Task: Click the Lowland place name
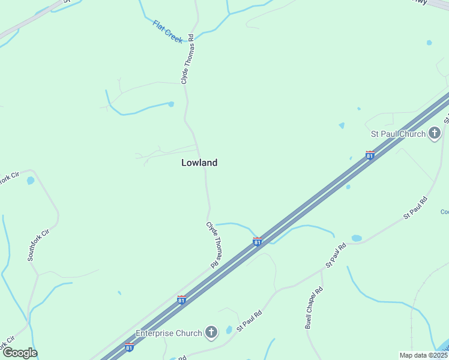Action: pos(199,163)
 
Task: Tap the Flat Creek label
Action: pos(167,32)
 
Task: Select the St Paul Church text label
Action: pos(397,134)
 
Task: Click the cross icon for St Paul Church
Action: pos(435,134)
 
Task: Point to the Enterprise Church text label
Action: pos(169,333)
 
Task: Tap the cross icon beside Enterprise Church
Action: pos(211,332)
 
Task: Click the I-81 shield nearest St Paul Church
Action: pos(370,155)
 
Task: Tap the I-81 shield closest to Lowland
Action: pos(257,241)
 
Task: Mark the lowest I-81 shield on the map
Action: pos(129,347)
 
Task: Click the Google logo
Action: pos(20,353)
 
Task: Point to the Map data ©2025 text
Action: pos(423,355)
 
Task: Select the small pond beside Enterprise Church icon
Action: pos(229,330)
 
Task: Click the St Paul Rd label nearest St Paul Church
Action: pos(415,206)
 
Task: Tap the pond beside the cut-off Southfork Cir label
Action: pos(30,181)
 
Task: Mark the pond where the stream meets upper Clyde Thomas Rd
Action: pos(171,104)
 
